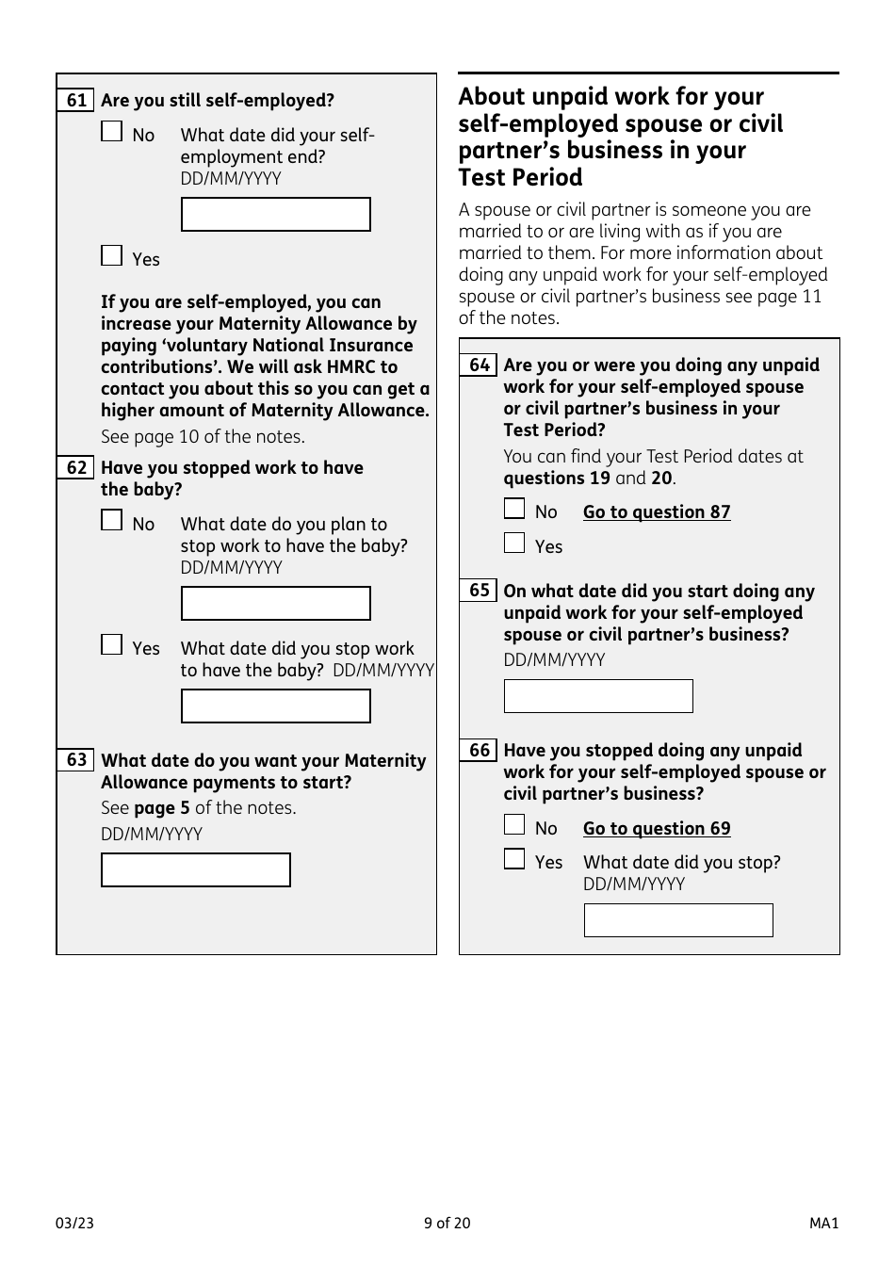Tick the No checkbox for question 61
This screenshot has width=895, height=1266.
coord(112,131)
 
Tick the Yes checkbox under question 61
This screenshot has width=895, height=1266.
coord(112,255)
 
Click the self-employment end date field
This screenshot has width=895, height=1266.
coord(275,215)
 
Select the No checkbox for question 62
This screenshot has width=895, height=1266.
coord(112,520)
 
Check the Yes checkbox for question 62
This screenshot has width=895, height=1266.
coord(112,644)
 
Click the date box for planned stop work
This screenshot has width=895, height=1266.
coord(275,604)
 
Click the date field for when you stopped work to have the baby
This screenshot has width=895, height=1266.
coord(275,706)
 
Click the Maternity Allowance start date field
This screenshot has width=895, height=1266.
coord(195,870)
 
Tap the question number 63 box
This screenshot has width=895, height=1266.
coord(76,760)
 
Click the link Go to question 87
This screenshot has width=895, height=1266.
coord(657,512)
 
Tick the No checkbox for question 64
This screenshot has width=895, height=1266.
coord(514,509)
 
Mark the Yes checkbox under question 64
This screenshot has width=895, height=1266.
coord(514,543)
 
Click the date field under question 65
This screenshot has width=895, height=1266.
coord(598,696)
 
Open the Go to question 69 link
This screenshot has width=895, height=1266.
coord(657,829)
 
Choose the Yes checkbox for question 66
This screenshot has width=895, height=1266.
coord(514,859)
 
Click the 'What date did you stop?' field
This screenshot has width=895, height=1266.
coord(678,920)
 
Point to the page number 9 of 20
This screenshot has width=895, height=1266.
coord(447,1224)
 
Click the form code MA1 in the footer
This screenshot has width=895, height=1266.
coord(823,1224)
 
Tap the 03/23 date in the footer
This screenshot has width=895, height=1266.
coord(74,1224)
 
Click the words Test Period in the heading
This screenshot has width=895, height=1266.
coord(520,178)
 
